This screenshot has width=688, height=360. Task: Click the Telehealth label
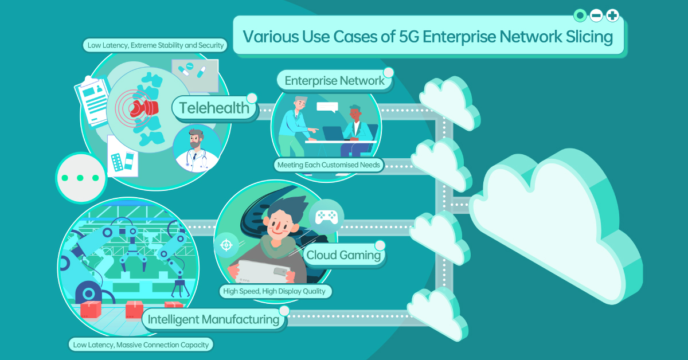point(214,108)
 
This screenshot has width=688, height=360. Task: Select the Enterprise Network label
point(334,81)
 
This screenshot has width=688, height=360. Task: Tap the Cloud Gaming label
point(344,255)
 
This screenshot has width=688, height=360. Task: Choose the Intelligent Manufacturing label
point(213,319)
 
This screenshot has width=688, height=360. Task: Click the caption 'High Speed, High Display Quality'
point(276,291)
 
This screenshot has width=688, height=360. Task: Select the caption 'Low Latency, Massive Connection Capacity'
point(140,345)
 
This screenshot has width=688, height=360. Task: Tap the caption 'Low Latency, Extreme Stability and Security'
point(155,45)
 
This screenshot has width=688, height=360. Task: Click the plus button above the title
point(612,15)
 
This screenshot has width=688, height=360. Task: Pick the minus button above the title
point(596,15)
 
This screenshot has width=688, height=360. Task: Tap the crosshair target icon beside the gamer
point(226,245)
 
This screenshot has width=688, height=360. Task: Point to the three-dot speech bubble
point(81,178)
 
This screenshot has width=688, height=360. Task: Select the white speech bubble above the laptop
point(328,107)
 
